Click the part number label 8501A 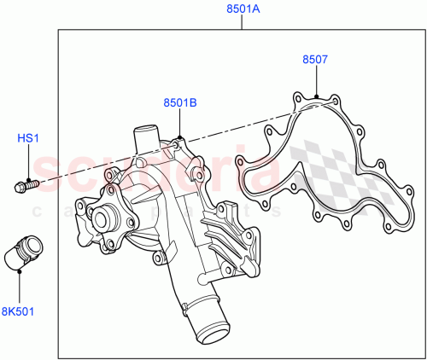[x=242, y=10]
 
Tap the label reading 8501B [x=180, y=103]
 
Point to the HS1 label [x=28, y=137]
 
